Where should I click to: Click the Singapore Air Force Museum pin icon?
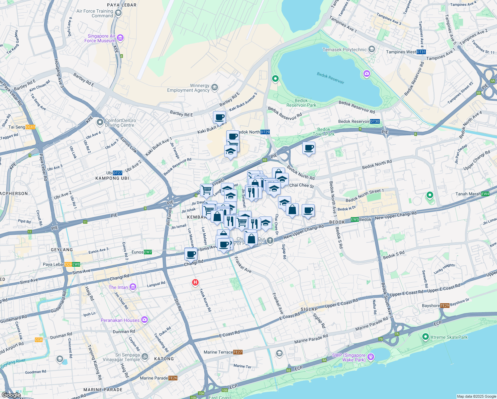click(x=120, y=38)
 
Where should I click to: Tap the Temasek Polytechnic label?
click(x=345, y=50)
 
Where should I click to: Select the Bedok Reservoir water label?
click(x=330, y=78)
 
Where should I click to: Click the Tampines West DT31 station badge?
click(x=421, y=52)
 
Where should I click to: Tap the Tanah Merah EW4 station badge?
click(x=485, y=194)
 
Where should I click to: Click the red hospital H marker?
click(x=195, y=283)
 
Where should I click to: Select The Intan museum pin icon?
click(x=133, y=287)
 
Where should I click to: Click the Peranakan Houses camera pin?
click(x=144, y=320)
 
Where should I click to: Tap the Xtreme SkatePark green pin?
click(x=425, y=337)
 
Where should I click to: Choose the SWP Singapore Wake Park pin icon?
click(x=371, y=357)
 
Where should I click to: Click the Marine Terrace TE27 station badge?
click(x=238, y=352)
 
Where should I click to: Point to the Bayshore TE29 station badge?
click(x=445, y=306)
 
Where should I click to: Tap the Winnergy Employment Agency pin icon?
click(x=215, y=87)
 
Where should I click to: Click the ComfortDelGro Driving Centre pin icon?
click(x=100, y=123)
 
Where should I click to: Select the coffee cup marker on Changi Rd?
click(x=191, y=255)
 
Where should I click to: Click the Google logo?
click(x=11, y=395)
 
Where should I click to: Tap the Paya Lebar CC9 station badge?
click(x=68, y=265)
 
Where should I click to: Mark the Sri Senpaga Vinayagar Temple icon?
click(x=145, y=357)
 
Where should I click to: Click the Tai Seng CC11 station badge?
click(x=30, y=127)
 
